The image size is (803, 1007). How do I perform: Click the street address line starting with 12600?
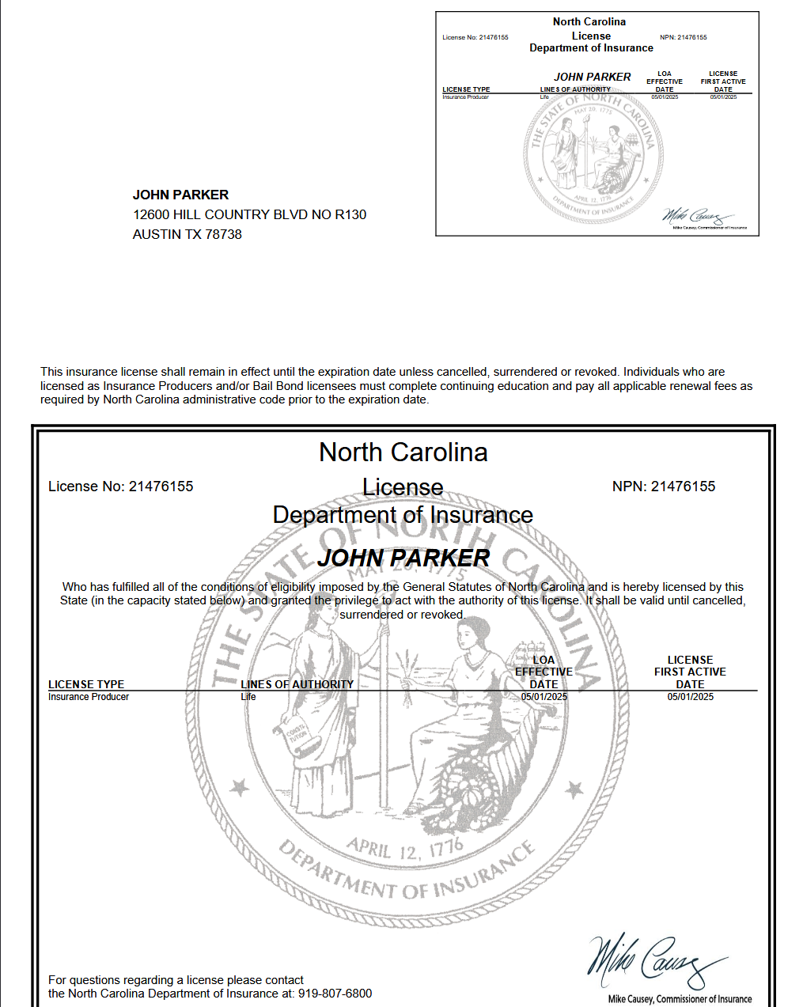point(249,214)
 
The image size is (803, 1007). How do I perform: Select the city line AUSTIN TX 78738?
point(187,234)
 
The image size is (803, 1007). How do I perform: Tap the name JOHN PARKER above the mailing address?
point(180,195)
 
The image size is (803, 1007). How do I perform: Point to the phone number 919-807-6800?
point(335,994)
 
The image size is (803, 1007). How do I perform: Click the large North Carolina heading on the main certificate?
point(403,452)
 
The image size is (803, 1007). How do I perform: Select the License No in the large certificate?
point(121,486)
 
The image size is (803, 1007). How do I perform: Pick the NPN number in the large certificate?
point(663,486)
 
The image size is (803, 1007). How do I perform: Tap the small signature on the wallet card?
point(696,216)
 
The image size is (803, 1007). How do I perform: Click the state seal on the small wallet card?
point(593,154)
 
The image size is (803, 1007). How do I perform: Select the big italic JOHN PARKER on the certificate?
point(403,558)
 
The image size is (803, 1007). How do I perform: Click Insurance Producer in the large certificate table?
point(89,697)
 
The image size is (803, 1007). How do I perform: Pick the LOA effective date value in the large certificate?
point(544,697)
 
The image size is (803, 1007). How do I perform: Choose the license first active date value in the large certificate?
point(690,697)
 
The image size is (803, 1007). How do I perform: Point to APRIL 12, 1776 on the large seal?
point(404,850)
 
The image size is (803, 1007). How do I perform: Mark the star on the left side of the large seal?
point(240,788)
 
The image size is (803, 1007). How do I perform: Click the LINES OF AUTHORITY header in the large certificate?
point(297,684)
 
